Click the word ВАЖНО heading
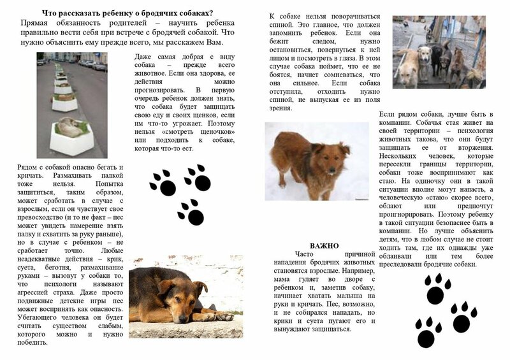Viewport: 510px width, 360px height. click(324, 245)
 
